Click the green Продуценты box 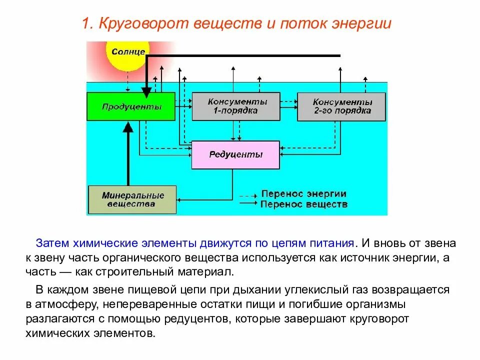(x=131, y=106)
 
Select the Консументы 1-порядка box (x=236, y=106)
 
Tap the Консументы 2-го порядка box (x=341, y=106)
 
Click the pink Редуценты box (x=235, y=154)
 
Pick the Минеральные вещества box (x=132, y=199)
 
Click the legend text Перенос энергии (x=303, y=194)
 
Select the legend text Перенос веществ (x=303, y=204)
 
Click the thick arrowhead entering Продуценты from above (x=146, y=91)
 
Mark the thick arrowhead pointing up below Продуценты (x=128, y=126)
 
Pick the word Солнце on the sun (x=128, y=51)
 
